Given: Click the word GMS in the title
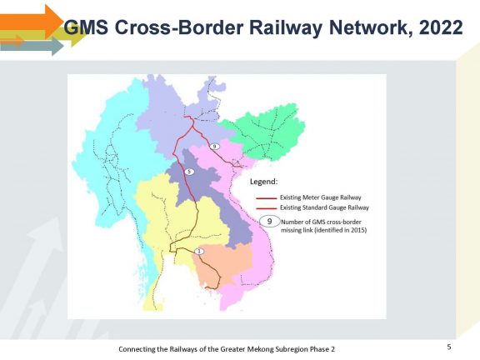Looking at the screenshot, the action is pyautogui.click(x=86, y=27).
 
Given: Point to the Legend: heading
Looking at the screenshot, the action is pyautogui.click(x=264, y=182).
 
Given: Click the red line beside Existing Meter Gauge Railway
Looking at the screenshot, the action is pyautogui.click(x=266, y=198).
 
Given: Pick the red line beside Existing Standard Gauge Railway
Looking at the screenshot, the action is pyautogui.click(x=266, y=208).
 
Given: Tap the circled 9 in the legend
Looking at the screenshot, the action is pyautogui.click(x=270, y=222).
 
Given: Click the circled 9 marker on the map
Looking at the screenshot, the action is pyautogui.click(x=215, y=147).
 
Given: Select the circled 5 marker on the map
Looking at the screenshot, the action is pyautogui.click(x=189, y=172).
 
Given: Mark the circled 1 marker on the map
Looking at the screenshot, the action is pyautogui.click(x=199, y=252).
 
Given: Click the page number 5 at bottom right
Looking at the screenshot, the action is pyautogui.click(x=449, y=347).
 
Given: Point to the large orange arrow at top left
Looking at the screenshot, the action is pyautogui.click(x=32, y=22).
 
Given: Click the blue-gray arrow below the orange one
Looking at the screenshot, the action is pyautogui.click(x=32, y=46).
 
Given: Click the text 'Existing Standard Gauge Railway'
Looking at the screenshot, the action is pyautogui.click(x=324, y=207).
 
